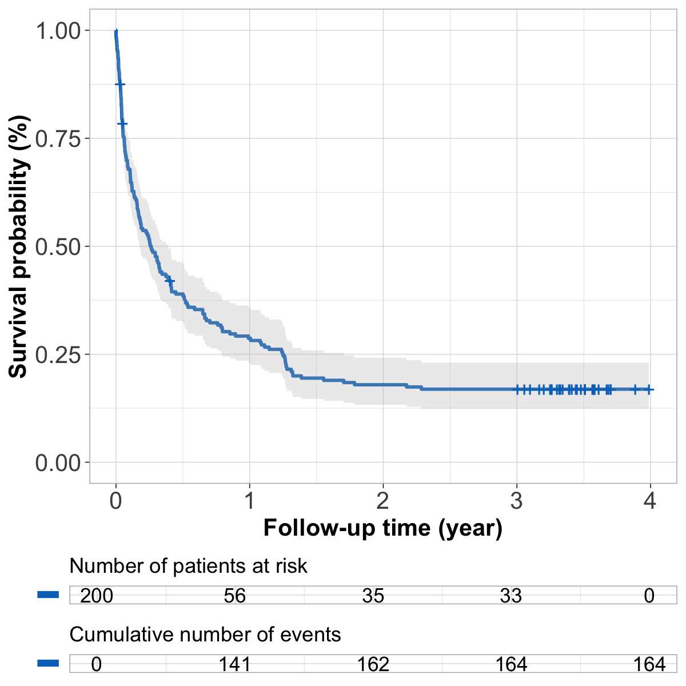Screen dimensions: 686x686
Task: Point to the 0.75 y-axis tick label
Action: pos(58,138)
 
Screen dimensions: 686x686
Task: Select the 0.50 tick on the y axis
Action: pos(58,246)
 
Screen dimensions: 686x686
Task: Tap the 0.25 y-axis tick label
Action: pos(58,354)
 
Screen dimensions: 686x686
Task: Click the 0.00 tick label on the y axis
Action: pos(58,462)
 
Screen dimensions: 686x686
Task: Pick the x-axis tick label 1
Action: pos(249,501)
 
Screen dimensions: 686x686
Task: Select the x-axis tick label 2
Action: pos(383,501)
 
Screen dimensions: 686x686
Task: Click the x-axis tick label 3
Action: pos(517,501)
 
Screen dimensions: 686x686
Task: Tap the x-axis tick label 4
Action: pos(650,501)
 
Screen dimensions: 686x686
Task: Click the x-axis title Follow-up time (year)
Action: pos(382,528)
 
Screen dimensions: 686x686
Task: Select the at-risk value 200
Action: pos(97,596)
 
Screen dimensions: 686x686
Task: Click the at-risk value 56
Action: pos(235,596)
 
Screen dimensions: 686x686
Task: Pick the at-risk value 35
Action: pos(373,596)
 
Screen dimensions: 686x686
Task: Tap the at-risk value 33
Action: pos(511,596)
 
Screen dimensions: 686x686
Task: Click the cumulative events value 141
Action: pos(235,664)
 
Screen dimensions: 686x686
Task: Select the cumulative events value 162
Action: pos(373,664)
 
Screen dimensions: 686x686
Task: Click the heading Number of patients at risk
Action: pos(188,566)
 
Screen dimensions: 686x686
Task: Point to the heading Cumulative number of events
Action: pos(205,635)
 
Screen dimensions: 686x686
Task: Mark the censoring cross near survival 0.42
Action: pos(169,281)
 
